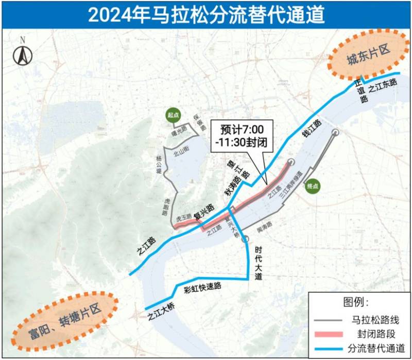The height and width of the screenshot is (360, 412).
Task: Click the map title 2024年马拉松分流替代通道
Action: tap(206, 14)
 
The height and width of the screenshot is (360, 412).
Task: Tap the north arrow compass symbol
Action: tap(23, 52)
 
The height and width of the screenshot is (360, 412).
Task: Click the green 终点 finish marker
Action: tap(313, 186)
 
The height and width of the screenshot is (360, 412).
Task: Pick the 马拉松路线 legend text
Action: tap(374, 320)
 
